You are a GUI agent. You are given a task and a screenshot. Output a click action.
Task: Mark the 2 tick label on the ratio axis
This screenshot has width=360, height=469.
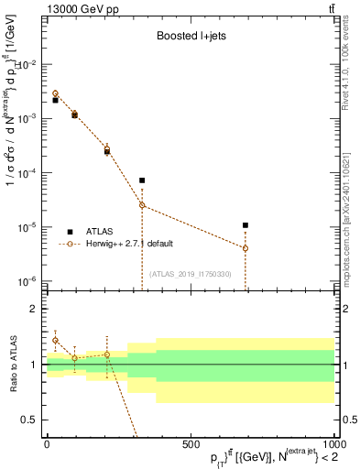click(34, 310)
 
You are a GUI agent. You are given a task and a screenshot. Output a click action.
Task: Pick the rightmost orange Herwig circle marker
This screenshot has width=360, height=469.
click(245, 248)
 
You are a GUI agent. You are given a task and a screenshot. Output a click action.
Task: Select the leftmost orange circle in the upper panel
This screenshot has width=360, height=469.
click(56, 93)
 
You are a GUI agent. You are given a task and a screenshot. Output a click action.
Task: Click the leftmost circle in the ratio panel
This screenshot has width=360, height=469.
click(56, 340)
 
